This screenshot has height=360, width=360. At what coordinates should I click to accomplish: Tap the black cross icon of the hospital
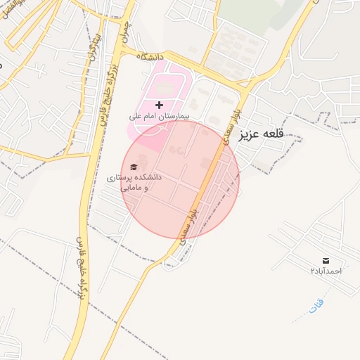[159, 104]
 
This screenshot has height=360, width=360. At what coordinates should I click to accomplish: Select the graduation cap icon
[134, 167]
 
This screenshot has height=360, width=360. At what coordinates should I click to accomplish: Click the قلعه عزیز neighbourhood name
[264, 133]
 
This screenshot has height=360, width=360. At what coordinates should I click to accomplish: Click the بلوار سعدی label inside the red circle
[189, 223]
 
